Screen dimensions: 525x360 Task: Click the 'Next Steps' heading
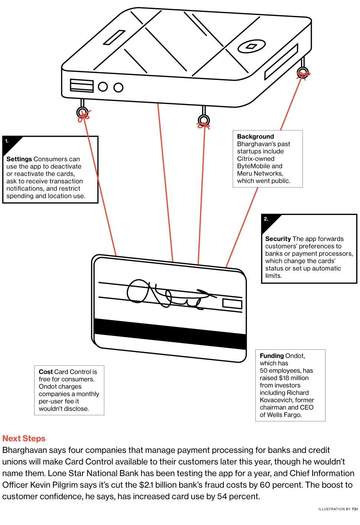click(x=24, y=438)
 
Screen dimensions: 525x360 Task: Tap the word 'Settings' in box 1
click(x=19, y=159)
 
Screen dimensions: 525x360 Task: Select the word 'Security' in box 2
click(x=278, y=239)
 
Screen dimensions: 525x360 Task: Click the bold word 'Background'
click(x=255, y=137)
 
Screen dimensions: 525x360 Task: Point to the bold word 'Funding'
click(x=272, y=356)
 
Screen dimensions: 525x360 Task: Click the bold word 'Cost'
click(x=46, y=372)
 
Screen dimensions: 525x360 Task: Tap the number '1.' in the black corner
click(x=7, y=141)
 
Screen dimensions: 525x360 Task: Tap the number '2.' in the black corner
click(x=266, y=219)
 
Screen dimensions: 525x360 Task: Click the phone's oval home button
click(x=252, y=46)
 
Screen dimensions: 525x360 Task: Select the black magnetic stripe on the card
click(x=170, y=333)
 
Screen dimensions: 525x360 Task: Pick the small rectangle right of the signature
click(x=232, y=304)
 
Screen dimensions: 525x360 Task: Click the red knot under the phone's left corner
click(x=84, y=115)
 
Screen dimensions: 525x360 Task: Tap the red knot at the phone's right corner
click(x=303, y=75)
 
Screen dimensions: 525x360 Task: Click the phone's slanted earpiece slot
click(x=114, y=37)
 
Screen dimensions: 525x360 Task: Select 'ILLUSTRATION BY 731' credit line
click(x=338, y=509)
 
